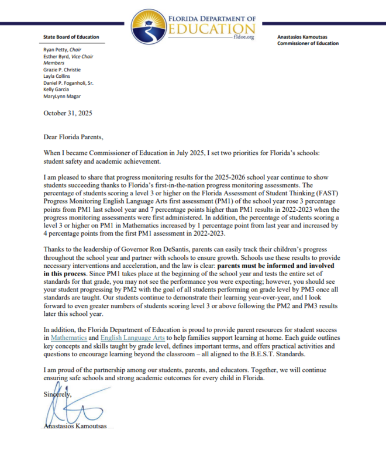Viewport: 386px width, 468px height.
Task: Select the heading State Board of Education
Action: point(71,37)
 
